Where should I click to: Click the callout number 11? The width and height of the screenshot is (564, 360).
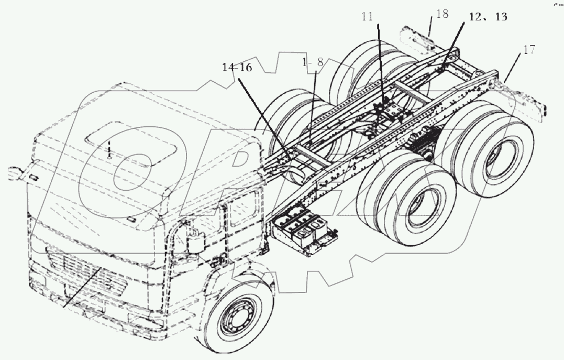367,17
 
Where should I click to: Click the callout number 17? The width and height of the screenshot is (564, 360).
529,51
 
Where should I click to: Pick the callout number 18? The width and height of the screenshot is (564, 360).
442,14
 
